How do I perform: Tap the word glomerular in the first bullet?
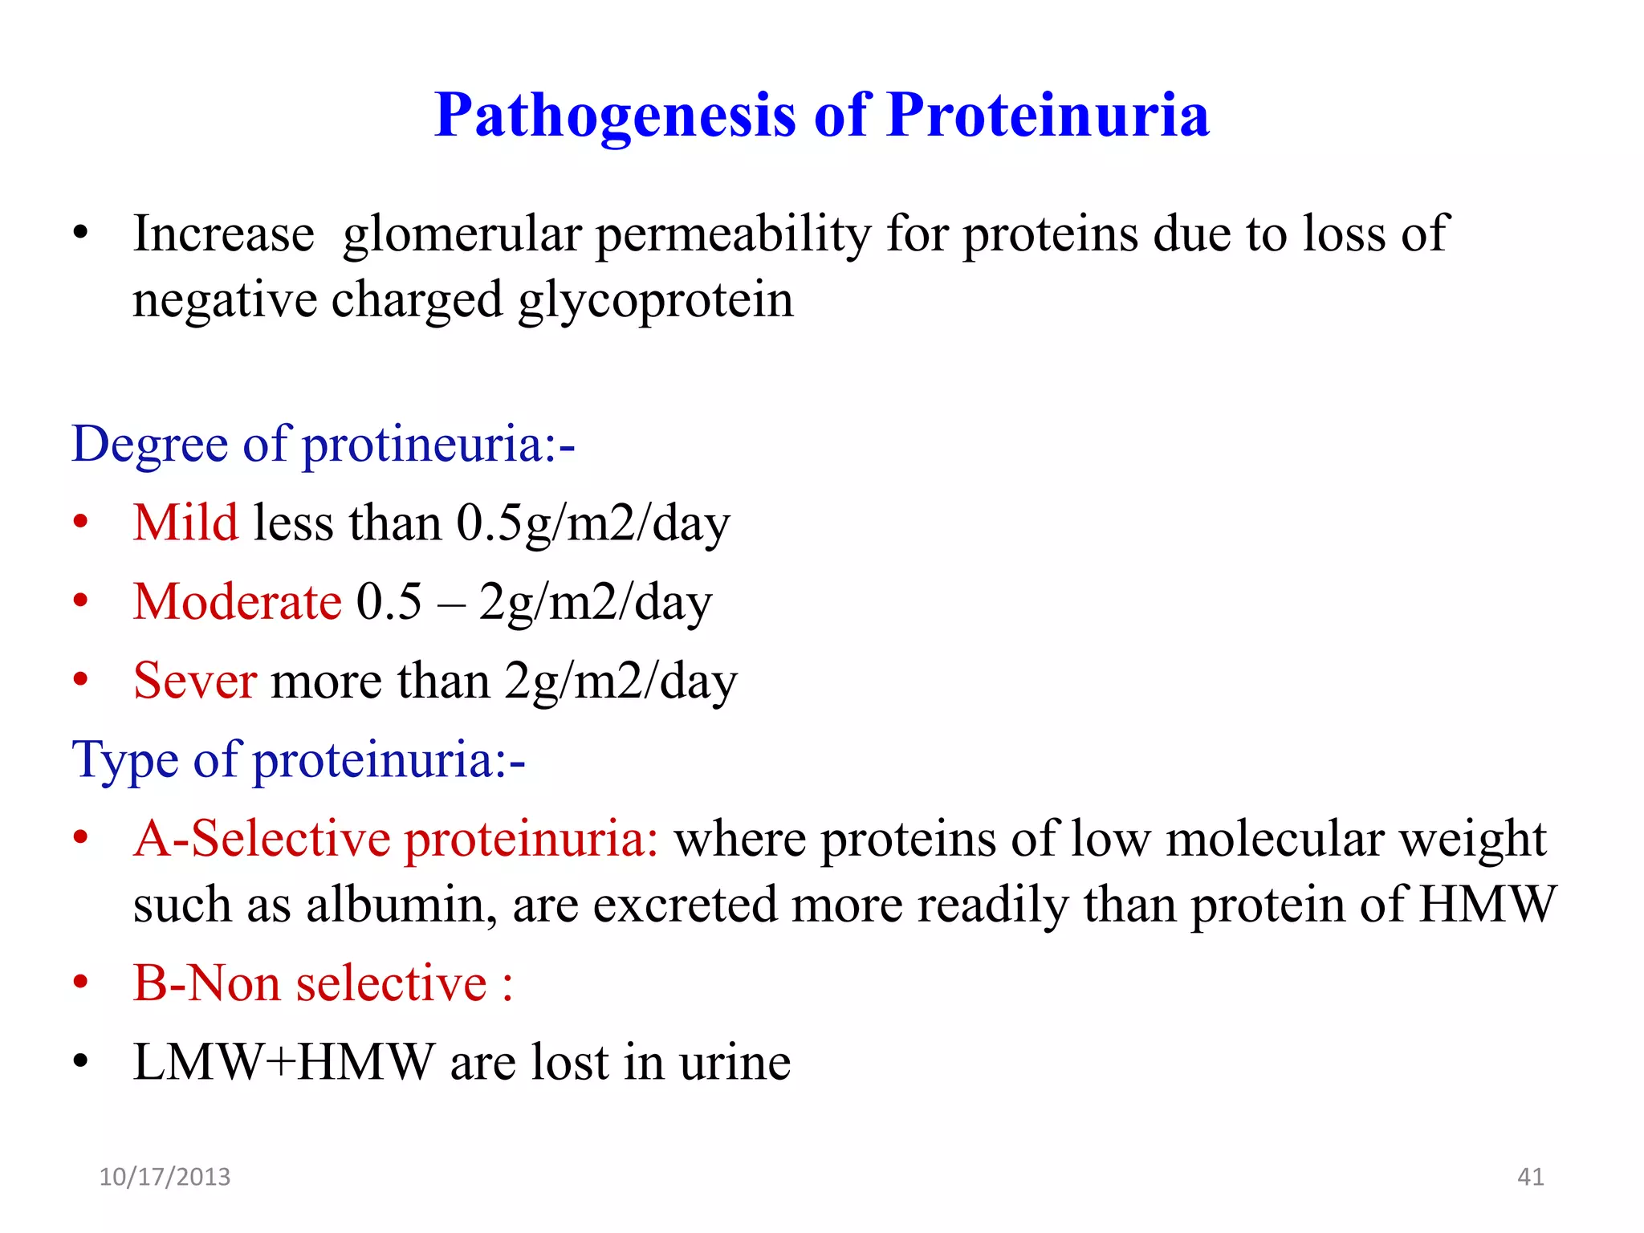click(462, 235)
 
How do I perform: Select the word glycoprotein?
click(655, 301)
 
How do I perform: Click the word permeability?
click(733, 235)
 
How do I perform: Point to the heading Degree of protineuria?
click(323, 444)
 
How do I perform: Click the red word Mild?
click(185, 523)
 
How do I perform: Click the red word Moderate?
click(238, 601)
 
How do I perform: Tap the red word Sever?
click(195, 681)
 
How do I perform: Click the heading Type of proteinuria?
click(298, 759)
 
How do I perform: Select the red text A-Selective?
click(262, 839)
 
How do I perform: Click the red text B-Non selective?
click(311, 983)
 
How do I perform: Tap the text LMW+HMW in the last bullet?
click(283, 1062)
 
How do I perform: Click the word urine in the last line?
click(735, 1063)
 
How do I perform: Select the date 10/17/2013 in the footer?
click(165, 1177)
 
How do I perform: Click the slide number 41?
click(1530, 1177)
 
